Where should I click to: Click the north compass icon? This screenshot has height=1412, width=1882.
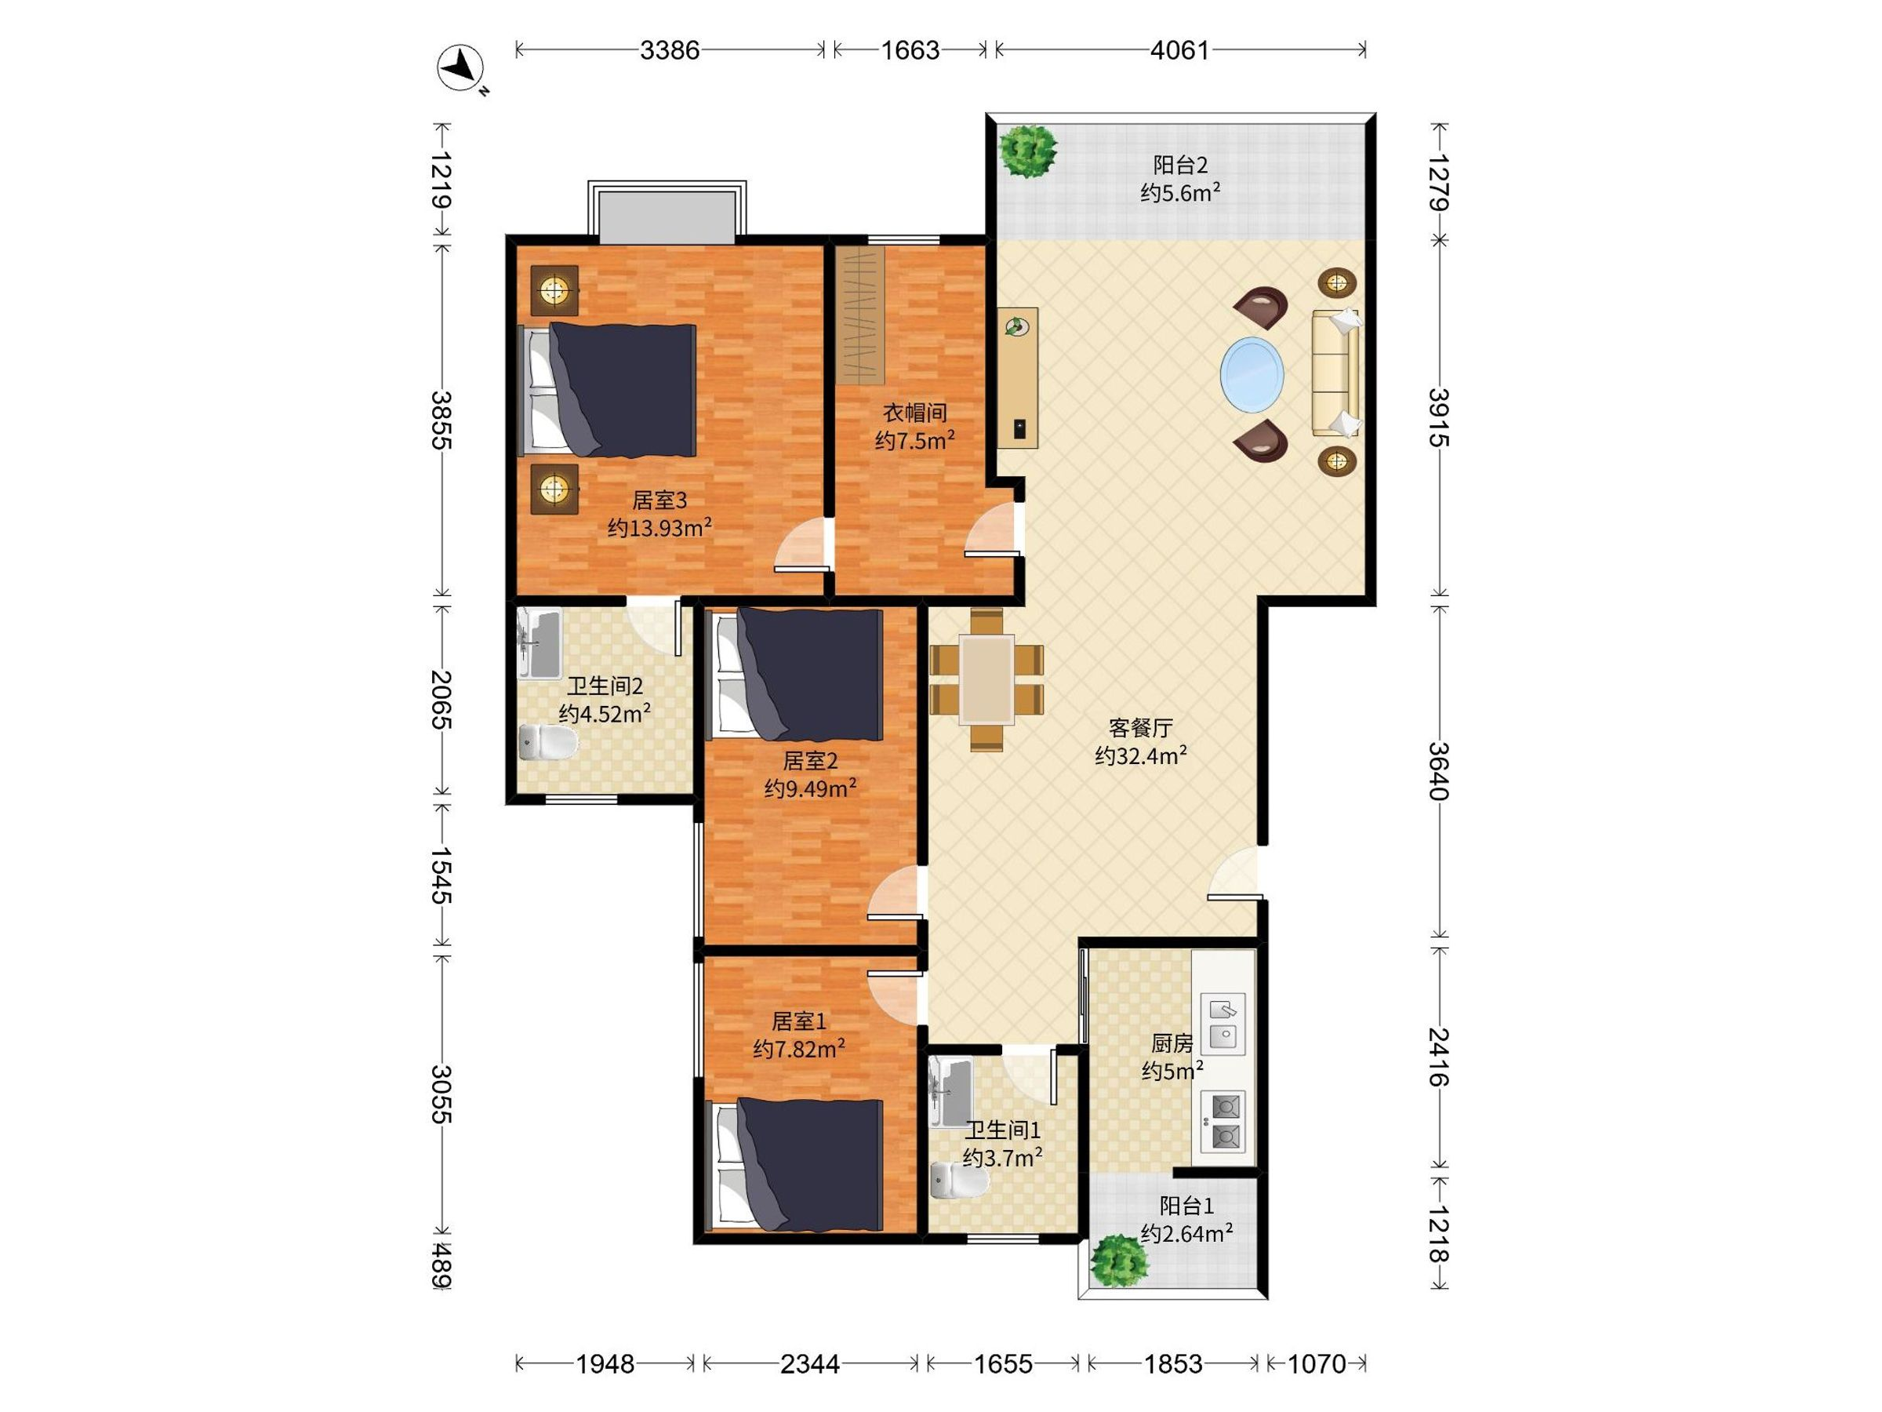[x=460, y=67]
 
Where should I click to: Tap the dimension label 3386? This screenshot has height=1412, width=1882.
[x=670, y=50]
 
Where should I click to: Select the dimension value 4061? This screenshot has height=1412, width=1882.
[x=1179, y=50]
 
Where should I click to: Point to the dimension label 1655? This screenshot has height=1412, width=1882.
[x=1003, y=1363]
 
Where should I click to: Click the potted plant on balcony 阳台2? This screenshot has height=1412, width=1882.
[x=1028, y=151]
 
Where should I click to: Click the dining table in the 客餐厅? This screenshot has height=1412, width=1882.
[x=987, y=679]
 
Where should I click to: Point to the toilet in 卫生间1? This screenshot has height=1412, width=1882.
[x=961, y=1181]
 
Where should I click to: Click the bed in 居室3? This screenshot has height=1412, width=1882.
[x=608, y=390]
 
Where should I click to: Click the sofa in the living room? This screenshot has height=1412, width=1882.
[x=1335, y=373]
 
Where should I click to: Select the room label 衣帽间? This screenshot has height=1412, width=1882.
[x=914, y=413]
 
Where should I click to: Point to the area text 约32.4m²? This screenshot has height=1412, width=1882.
[x=1141, y=755]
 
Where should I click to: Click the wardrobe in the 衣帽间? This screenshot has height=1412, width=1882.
[x=859, y=315]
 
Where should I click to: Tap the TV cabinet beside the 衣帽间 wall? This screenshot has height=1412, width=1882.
[x=1018, y=377]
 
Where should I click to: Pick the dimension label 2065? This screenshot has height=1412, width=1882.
[x=441, y=700]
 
